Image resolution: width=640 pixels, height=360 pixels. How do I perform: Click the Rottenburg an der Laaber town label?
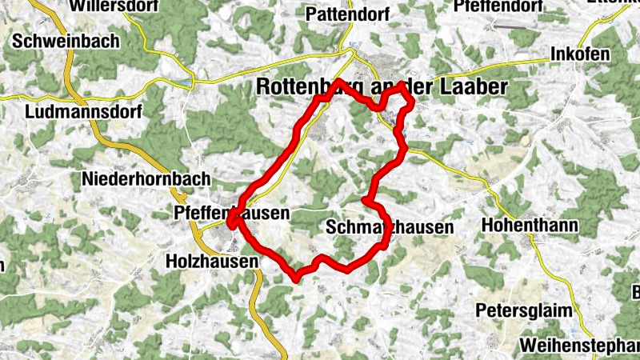(382, 87)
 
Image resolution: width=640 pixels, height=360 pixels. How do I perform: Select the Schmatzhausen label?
(390, 227)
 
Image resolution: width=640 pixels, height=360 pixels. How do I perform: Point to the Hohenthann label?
(530, 226)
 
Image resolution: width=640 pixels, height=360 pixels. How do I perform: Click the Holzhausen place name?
(211, 261)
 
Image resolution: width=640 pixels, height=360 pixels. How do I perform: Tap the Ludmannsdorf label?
(82, 112)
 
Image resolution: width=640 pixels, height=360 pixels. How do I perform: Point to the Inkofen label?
(580, 54)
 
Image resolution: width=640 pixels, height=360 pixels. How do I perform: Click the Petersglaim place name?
(526, 309)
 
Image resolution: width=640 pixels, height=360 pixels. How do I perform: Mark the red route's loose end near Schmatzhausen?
(364, 198)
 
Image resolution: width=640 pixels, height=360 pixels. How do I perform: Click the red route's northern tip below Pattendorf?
(338, 82)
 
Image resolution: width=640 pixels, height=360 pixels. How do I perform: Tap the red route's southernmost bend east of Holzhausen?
(297, 278)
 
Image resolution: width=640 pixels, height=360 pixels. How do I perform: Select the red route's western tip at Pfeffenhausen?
(230, 225)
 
